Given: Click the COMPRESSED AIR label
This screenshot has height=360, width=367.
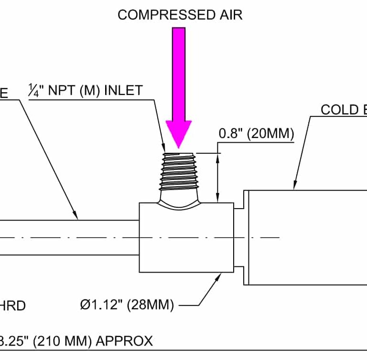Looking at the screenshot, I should (180, 15).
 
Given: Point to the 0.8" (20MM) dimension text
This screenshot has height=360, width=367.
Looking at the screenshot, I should (256, 134).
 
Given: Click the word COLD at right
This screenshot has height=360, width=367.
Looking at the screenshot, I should (339, 110).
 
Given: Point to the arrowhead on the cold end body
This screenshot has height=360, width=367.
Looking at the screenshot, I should (295, 185).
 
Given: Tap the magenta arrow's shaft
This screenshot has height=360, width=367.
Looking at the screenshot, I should (179, 72).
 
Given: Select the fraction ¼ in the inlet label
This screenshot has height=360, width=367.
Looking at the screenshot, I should (32, 90).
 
